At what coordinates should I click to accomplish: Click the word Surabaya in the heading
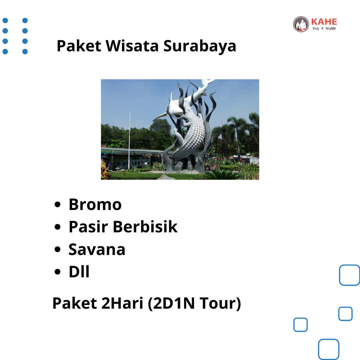pos(200,46)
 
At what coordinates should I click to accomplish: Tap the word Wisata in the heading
pos(132,46)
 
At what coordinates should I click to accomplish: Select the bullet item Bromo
pos(95,204)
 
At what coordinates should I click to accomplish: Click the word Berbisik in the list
pos(145,227)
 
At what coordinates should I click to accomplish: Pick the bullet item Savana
pos(97,249)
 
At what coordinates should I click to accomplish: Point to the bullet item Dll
pos(79,272)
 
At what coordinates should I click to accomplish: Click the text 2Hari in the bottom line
pos(122,303)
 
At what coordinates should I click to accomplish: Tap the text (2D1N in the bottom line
pos(171,304)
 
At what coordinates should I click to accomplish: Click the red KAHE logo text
pos(324,22)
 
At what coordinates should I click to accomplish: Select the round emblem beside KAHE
pos(301,24)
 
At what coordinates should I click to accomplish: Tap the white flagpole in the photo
pos(129,140)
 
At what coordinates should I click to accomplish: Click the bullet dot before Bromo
pos(57,204)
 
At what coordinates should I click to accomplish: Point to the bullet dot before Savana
pos(57,249)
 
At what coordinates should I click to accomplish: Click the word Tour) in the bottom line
pos(220,304)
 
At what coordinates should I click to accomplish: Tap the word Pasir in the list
pos(88,227)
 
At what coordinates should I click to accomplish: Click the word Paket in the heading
pos(79,46)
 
